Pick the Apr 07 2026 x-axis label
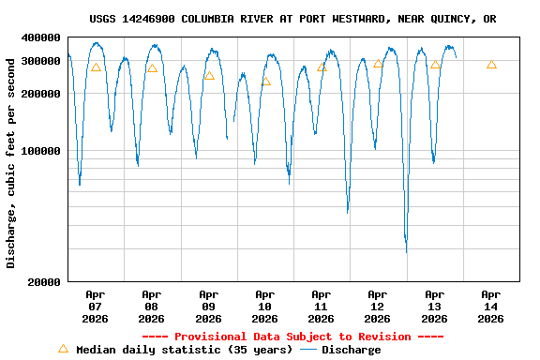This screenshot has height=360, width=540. click(96, 307)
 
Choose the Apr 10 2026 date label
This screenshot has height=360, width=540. click(264, 307)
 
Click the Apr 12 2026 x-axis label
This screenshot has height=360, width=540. click(378, 307)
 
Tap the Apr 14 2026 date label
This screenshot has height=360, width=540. click(490, 307)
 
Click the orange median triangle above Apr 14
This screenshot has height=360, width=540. click(491, 65)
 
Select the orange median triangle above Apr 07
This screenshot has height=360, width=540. click(96, 67)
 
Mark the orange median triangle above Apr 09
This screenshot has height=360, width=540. click(209, 76)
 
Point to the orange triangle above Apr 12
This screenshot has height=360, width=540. click(378, 64)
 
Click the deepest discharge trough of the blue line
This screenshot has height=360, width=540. click(406, 250)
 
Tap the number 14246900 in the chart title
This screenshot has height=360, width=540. click(154, 19)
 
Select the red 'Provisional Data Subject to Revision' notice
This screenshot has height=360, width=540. click(292, 337)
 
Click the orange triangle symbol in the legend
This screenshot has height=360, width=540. click(63, 349)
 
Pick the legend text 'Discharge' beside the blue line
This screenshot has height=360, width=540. click(352, 350)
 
